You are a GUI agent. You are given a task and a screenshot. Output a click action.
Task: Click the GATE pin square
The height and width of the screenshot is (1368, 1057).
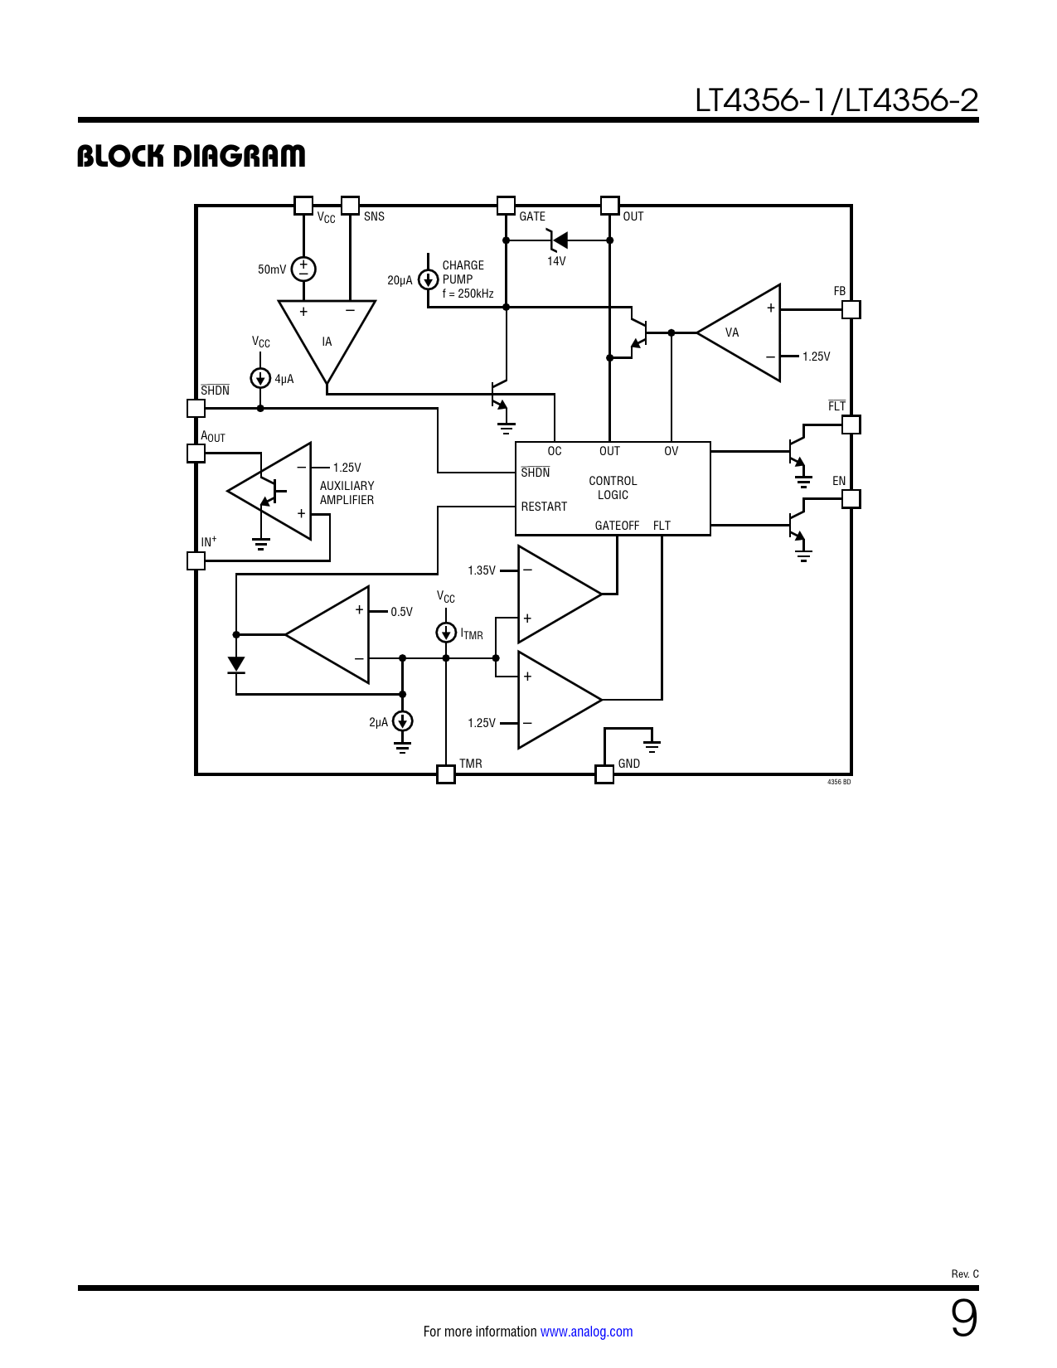click(x=506, y=206)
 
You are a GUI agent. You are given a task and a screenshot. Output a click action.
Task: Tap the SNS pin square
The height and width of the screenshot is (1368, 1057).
click(x=350, y=206)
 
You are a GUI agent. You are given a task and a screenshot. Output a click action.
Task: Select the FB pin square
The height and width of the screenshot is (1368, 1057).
click(x=851, y=310)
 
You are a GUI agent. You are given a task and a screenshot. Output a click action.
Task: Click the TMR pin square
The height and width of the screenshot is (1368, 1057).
click(x=446, y=774)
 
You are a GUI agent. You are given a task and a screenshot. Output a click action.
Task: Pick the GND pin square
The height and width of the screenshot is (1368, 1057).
click(x=604, y=774)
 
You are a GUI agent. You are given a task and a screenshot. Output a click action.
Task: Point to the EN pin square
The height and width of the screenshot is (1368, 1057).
click(x=851, y=499)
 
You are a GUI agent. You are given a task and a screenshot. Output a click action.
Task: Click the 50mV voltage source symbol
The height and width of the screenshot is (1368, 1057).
click(x=303, y=269)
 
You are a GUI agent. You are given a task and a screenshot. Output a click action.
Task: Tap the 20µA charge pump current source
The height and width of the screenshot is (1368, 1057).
click(x=428, y=279)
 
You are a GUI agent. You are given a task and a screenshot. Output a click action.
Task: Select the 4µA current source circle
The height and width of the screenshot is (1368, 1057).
click(x=260, y=378)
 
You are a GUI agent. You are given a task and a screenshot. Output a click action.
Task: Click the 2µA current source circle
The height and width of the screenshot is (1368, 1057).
click(x=402, y=720)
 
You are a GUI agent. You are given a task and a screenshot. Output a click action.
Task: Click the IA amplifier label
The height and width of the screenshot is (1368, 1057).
click(x=327, y=342)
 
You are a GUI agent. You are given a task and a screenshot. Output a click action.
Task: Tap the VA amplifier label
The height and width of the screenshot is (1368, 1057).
click(x=731, y=332)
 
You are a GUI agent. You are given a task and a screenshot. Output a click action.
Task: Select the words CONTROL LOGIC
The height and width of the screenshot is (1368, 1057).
click(x=613, y=488)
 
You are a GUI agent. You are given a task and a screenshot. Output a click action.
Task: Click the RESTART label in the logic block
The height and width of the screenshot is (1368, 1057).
click(x=544, y=507)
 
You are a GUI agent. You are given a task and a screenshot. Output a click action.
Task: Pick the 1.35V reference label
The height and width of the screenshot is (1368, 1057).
click(x=482, y=571)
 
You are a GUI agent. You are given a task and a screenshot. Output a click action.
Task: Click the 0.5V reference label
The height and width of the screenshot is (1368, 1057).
click(x=401, y=612)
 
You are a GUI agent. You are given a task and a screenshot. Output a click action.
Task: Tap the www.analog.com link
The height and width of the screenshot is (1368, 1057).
click(x=586, y=1332)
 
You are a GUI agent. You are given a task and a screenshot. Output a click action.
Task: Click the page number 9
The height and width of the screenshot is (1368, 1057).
click(x=964, y=1318)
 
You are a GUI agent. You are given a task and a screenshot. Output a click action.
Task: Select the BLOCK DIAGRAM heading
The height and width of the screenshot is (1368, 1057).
click(x=192, y=156)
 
